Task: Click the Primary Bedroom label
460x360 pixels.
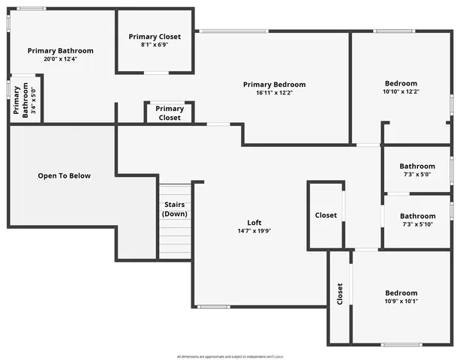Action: point(274,85)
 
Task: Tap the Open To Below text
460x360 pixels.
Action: point(65,176)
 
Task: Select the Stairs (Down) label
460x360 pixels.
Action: point(174,209)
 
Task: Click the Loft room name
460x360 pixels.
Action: point(255,223)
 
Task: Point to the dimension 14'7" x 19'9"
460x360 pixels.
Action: point(255,231)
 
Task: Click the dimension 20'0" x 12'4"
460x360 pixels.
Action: point(61,58)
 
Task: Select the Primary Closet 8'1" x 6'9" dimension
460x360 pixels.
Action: point(154,44)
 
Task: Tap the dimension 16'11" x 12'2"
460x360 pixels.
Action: point(274,93)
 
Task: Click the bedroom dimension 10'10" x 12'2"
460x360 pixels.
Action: point(401,91)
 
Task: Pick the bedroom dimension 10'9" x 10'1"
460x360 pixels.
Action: point(401,301)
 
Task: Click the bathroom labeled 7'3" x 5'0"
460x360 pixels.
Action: point(416,170)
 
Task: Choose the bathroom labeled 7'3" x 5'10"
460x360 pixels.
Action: point(417,220)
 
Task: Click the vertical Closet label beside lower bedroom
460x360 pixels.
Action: point(340,293)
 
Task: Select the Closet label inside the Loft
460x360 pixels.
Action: point(326,215)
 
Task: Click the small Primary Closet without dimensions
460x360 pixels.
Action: point(170,113)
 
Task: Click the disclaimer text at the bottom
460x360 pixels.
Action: point(229,355)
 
